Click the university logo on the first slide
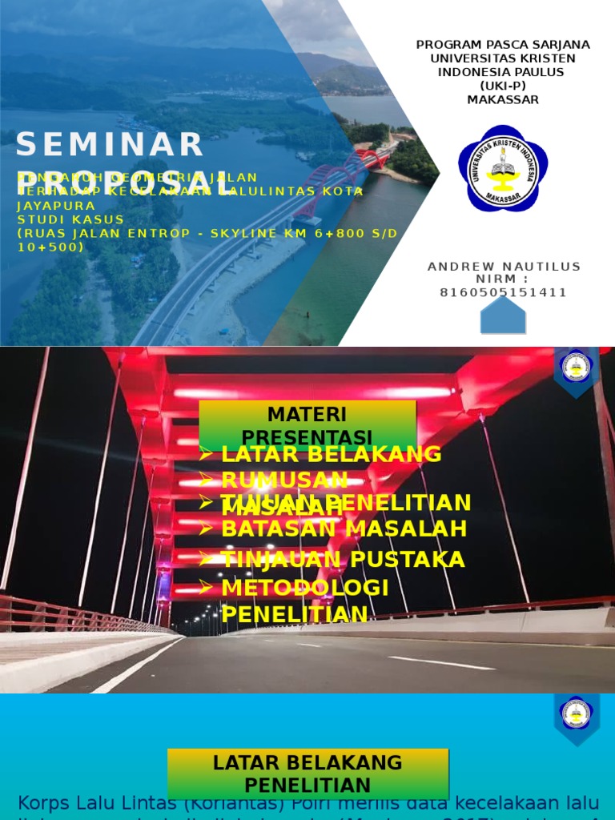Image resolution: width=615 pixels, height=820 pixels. coord(503,168)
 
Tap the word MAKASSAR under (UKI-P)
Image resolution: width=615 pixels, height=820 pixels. coord(503,100)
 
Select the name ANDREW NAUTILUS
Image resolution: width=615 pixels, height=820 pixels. coord(504,267)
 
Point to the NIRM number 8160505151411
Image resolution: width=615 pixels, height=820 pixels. coord(504,292)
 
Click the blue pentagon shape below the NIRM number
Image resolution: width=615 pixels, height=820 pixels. coord(503,316)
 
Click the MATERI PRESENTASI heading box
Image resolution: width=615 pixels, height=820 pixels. coord(307,425)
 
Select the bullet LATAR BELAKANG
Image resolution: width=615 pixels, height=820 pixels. coord(331,454)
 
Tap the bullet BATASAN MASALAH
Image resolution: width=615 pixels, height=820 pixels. coord(344,529)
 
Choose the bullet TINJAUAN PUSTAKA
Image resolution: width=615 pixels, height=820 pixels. coord(343,559)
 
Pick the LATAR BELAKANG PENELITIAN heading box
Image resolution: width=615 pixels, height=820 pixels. coord(307,774)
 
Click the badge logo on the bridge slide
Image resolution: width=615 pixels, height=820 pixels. coord(576,368)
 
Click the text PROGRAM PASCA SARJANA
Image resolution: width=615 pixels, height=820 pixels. coord(503,45)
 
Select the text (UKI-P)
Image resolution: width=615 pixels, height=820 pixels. coord(503,86)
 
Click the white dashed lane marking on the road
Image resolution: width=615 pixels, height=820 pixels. coord(441,663)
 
